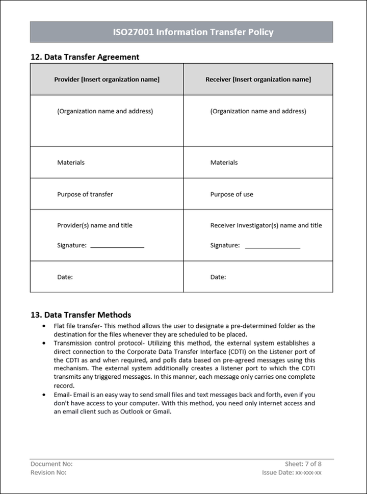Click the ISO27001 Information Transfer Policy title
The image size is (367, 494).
click(193, 32)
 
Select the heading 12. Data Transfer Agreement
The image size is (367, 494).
click(85, 57)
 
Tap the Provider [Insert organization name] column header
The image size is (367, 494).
click(107, 80)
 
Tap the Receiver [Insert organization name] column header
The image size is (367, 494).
click(258, 80)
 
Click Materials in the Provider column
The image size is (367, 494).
click(71, 163)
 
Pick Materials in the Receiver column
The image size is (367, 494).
click(224, 163)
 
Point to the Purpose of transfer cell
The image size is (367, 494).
click(85, 194)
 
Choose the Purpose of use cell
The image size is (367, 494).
click(231, 194)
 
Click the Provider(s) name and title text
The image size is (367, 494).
click(95, 225)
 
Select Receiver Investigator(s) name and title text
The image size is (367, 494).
click(266, 225)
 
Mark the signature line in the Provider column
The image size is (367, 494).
click(117, 247)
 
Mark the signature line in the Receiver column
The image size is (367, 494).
click(273, 247)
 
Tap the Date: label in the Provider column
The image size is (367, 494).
click(65, 277)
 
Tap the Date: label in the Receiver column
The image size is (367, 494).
click(218, 277)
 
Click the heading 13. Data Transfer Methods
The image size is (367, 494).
click(81, 315)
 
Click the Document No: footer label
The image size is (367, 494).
click(51, 464)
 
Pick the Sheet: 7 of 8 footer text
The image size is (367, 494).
click(303, 464)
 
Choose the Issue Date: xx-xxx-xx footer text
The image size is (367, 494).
click(292, 473)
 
